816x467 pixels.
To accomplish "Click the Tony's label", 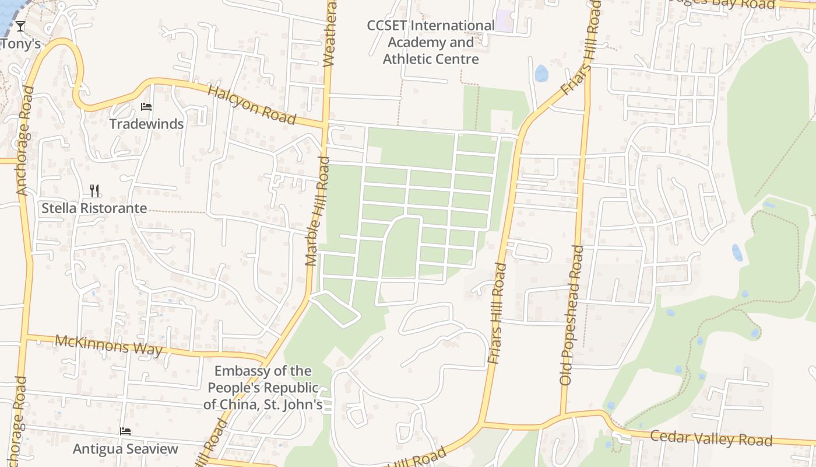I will (x=20, y=44).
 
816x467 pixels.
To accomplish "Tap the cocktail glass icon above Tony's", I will (x=20, y=26).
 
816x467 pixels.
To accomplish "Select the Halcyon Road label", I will (x=251, y=105).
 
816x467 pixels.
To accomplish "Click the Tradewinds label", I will (x=146, y=124).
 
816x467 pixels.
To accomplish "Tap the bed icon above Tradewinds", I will (x=146, y=107).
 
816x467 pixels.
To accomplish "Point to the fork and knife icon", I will (x=94, y=190).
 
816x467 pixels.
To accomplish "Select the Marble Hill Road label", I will (x=318, y=211).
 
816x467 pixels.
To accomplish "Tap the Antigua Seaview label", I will (x=125, y=448).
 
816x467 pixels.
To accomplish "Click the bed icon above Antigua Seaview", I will (x=125, y=432).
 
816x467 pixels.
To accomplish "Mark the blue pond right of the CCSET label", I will (x=541, y=74).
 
